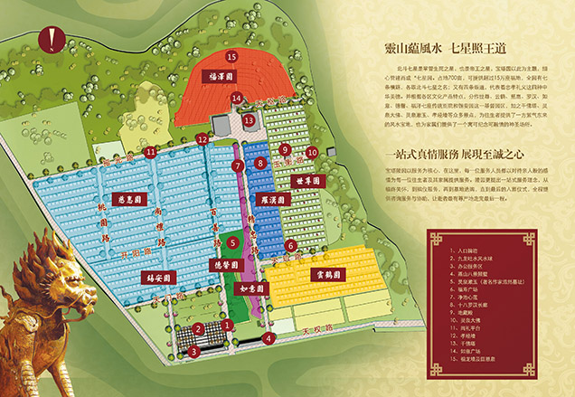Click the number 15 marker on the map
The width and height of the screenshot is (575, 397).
pos(231,56)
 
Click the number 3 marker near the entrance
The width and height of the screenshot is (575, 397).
pos(193,351)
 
